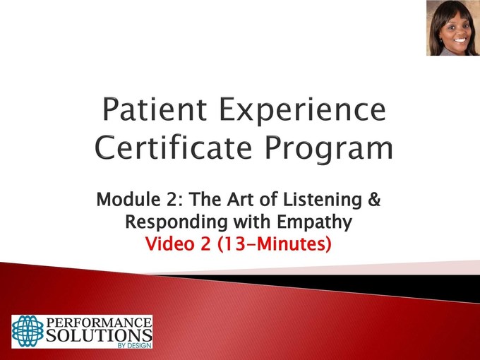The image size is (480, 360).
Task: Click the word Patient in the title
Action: click(155, 109)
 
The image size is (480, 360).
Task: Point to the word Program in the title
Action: click(328, 150)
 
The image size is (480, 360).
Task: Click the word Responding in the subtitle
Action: click(176, 222)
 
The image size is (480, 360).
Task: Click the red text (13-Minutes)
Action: click(275, 244)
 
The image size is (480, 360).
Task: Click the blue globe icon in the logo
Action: click(28, 331)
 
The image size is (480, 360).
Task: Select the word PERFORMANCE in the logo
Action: click(99, 323)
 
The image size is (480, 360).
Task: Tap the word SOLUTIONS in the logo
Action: click(99, 335)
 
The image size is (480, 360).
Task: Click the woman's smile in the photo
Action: click(460, 40)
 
